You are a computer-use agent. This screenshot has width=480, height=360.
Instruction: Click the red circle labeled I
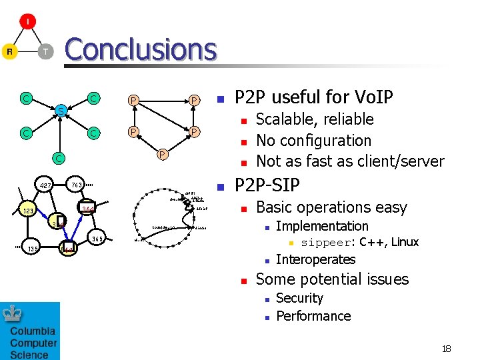[27, 22]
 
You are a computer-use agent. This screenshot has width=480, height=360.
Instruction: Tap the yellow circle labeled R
[9, 51]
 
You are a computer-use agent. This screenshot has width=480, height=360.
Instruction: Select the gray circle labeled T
[45, 51]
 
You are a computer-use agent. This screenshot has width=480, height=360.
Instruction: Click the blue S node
[60, 110]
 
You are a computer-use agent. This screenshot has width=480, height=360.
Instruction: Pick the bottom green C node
[59, 158]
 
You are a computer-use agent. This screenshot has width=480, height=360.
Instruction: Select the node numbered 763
[77, 184]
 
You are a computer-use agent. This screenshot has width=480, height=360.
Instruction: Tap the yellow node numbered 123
[27, 211]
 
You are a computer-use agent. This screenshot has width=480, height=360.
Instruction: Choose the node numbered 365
[97, 239]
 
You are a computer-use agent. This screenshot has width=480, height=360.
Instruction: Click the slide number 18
[446, 349]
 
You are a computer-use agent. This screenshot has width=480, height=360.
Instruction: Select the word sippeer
[325, 243]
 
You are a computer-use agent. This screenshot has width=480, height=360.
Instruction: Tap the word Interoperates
[315, 259]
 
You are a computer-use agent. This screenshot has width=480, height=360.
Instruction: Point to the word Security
[299, 298]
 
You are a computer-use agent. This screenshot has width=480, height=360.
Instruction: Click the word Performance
[313, 316]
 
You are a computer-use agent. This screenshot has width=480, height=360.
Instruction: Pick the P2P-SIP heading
[267, 185]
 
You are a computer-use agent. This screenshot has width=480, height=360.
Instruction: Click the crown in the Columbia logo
[13, 314]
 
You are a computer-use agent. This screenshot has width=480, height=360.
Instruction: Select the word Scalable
[283, 119]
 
